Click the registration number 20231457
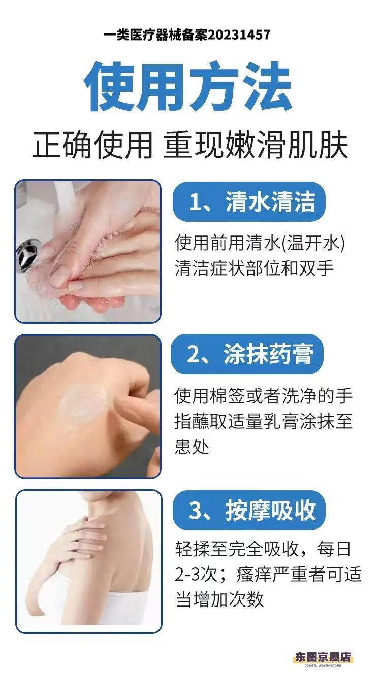pyautogui.click(x=239, y=35)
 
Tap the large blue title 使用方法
pyautogui.click(x=188, y=86)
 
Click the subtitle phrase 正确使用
pyautogui.click(x=92, y=146)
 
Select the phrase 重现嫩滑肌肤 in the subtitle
pyautogui.click(x=256, y=146)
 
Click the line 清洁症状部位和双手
pyautogui.click(x=254, y=268)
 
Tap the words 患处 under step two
pyautogui.click(x=192, y=447)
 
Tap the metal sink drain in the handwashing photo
pyautogui.click(x=28, y=255)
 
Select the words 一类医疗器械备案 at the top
pyautogui.click(x=156, y=35)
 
